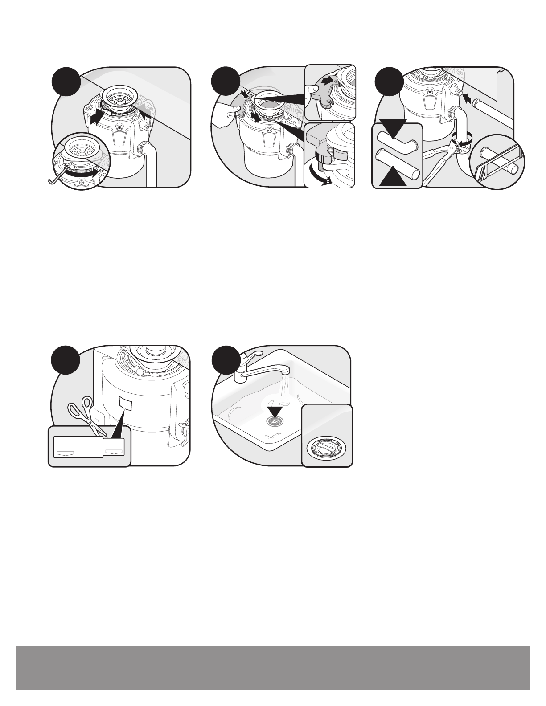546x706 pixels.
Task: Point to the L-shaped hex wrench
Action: point(58,175)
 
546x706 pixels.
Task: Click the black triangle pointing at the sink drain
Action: point(275,411)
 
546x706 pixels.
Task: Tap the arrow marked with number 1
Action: point(328,80)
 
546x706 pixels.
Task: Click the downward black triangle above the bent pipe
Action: point(393,128)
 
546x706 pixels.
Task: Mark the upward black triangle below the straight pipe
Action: point(393,175)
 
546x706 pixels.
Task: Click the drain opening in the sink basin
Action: point(275,422)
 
